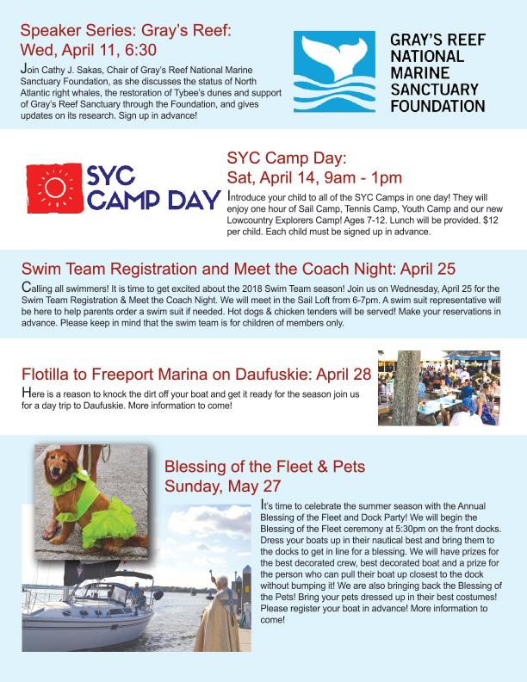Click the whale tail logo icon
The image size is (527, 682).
pos(334,72)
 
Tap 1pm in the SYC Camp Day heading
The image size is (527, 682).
pos(382,178)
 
